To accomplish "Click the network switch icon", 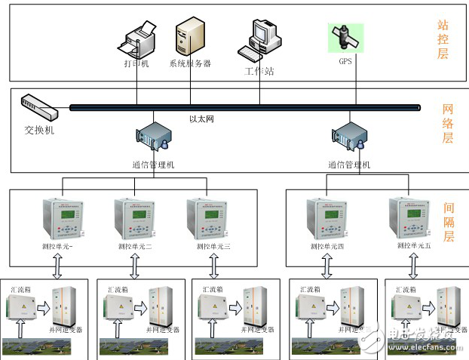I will pyautogui.click(x=38, y=109).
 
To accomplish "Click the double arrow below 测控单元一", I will pyautogui.click(x=57, y=266).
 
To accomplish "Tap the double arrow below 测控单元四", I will pyautogui.click(x=326, y=266).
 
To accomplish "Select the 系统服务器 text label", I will pyautogui.click(x=190, y=63).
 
